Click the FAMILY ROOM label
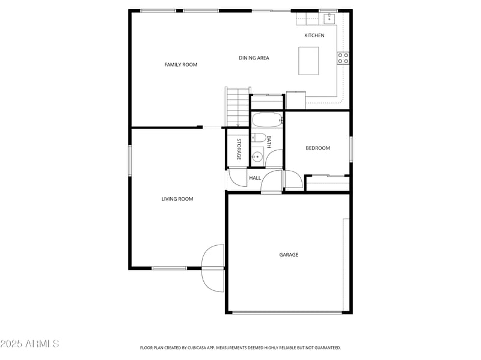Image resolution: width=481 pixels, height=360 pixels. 180,64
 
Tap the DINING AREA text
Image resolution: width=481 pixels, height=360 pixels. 254,58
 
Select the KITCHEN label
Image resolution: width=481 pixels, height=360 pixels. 314,35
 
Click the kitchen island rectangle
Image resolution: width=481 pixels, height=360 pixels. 308,61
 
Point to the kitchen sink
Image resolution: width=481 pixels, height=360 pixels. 329,19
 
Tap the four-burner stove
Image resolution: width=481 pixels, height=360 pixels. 343,58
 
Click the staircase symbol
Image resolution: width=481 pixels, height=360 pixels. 237,107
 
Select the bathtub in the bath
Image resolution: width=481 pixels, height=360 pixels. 266,120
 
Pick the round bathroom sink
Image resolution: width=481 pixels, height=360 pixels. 257,157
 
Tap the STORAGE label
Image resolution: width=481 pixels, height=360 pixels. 239,149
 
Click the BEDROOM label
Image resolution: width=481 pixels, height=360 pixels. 317,148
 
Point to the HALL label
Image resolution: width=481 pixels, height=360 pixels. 255,178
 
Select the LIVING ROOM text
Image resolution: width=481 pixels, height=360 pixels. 177,199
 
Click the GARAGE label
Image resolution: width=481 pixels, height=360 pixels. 289,255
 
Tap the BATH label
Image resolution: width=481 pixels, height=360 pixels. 269,142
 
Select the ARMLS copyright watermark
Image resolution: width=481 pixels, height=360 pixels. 29,344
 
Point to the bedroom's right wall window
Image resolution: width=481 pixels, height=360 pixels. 351,148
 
